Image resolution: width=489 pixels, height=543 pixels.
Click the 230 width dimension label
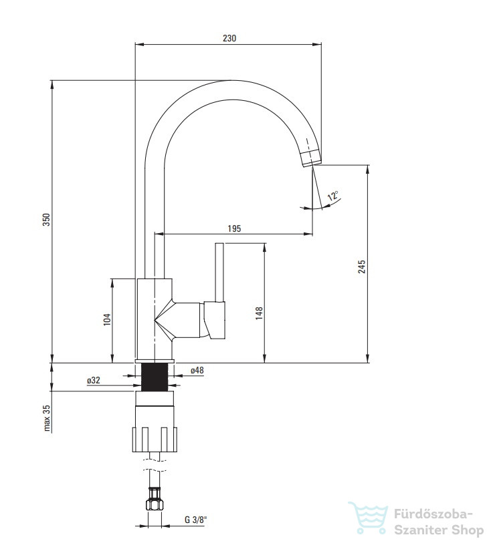point(229,38)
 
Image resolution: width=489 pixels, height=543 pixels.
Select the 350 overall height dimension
point(46,220)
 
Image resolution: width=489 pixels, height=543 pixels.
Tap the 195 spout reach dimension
point(234,228)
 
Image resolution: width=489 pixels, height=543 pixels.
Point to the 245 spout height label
point(362,266)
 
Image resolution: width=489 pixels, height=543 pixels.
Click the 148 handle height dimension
point(259,313)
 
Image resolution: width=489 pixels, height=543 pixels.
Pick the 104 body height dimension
point(107,319)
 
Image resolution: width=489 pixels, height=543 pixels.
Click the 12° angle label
point(333,196)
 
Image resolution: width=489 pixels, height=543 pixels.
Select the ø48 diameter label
point(197,370)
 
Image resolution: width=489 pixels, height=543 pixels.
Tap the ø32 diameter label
point(93,380)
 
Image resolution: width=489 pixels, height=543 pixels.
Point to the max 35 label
point(47,418)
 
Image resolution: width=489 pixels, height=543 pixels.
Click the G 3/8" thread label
point(195,520)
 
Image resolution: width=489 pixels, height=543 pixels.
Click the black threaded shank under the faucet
point(155,377)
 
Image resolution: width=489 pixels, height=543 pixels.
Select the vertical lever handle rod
point(220,273)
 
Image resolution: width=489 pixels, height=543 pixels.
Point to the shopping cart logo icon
point(368,518)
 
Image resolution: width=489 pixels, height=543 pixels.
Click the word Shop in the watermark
point(466,530)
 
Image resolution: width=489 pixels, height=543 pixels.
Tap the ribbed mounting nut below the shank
point(155,439)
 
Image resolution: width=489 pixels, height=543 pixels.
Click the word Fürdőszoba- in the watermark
point(433,514)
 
